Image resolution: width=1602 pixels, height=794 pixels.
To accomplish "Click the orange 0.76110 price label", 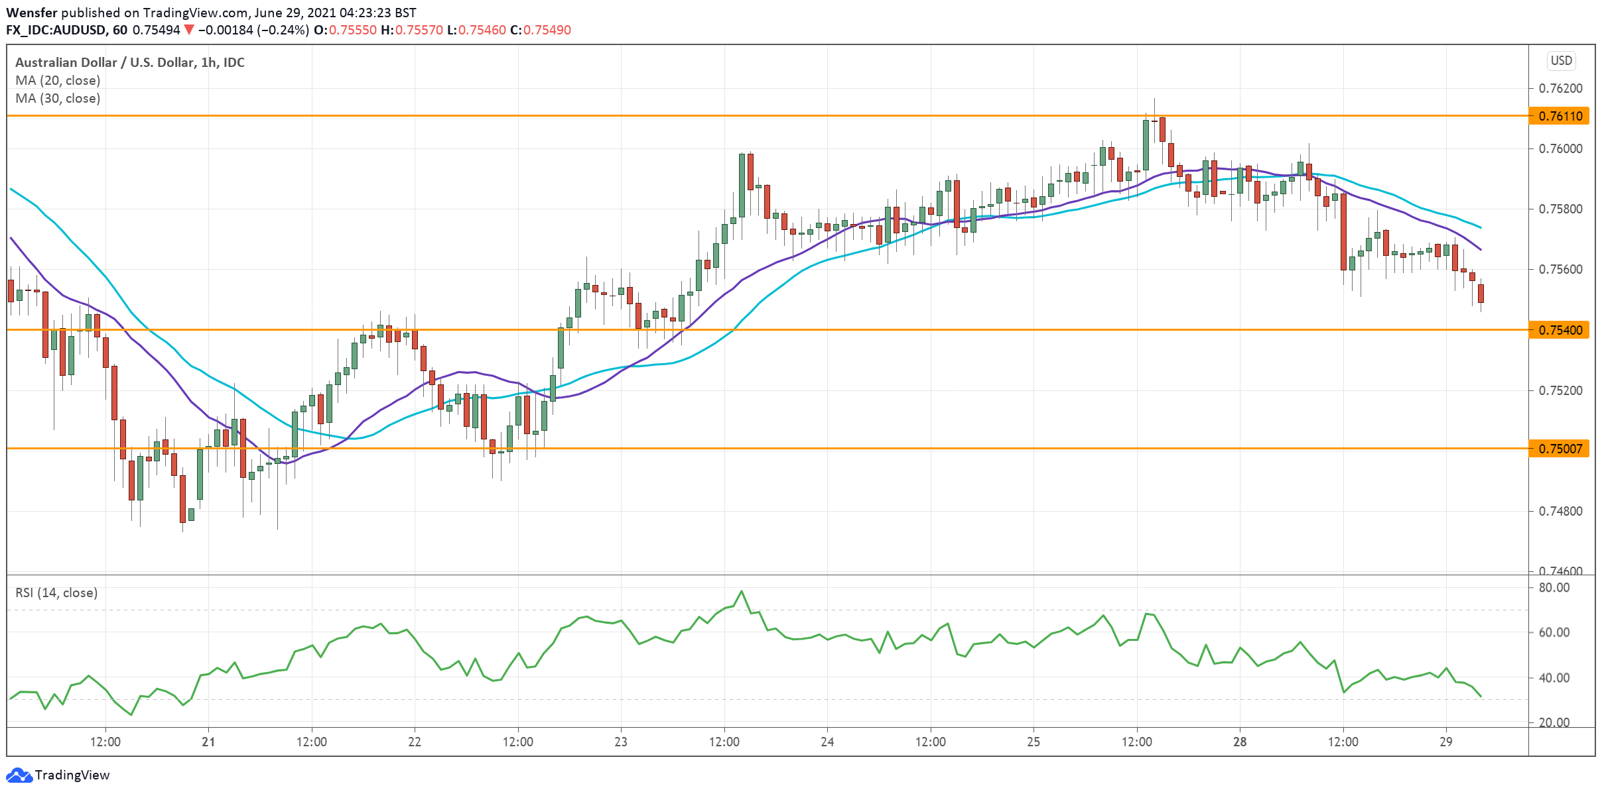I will (1560, 116).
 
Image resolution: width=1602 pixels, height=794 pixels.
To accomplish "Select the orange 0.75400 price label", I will (1560, 330).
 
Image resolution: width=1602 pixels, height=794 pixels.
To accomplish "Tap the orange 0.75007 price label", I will (1560, 449).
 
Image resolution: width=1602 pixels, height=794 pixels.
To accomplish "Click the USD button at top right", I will (1561, 61).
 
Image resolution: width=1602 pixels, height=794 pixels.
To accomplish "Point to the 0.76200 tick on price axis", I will (1559, 88).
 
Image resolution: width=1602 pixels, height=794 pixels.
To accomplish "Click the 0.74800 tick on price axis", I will (1559, 511).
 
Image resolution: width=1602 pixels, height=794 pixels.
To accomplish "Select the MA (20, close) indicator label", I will (58, 80).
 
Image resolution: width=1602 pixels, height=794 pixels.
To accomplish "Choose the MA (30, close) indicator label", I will (58, 98).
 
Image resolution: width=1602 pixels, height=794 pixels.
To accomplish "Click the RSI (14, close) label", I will (56, 593).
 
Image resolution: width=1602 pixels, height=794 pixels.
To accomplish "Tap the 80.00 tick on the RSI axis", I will (1554, 588).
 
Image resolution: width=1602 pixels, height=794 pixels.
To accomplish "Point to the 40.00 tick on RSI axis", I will (1554, 677).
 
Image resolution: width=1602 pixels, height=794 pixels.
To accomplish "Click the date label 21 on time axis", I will (208, 742).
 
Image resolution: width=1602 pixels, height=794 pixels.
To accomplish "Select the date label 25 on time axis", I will (1034, 742).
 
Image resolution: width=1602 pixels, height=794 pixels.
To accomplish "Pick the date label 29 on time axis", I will (1446, 742).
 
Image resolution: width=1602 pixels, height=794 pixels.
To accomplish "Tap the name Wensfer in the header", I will (32, 13).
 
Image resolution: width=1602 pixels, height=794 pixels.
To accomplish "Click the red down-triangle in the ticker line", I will (189, 30).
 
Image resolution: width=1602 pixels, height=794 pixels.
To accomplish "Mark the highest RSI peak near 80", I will (742, 591).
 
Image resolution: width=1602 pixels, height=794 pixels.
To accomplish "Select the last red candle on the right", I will (1481, 293).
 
